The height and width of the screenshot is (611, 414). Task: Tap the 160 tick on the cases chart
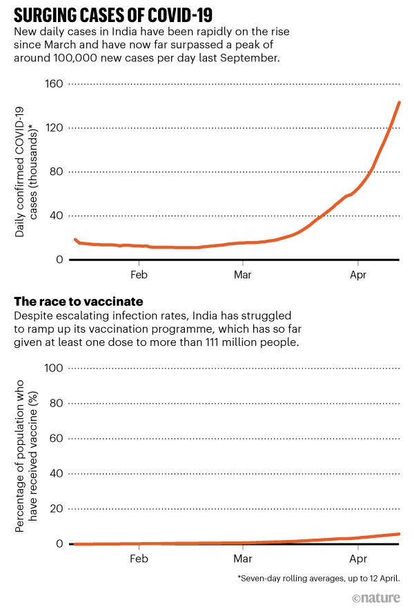[x=54, y=84]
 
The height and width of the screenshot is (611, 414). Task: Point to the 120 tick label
[x=54, y=128]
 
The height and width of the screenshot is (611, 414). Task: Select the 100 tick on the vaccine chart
[x=54, y=369]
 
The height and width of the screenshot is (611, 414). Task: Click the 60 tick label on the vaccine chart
[x=57, y=439]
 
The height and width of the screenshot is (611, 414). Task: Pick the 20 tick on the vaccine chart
[x=57, y=509]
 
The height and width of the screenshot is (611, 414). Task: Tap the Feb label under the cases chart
[x=139, y=273]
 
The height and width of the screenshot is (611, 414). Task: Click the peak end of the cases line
[x=399, y=103]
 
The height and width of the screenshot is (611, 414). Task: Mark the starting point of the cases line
[x=75, y=240]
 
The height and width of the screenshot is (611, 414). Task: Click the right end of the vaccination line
[x=399, y=534]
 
